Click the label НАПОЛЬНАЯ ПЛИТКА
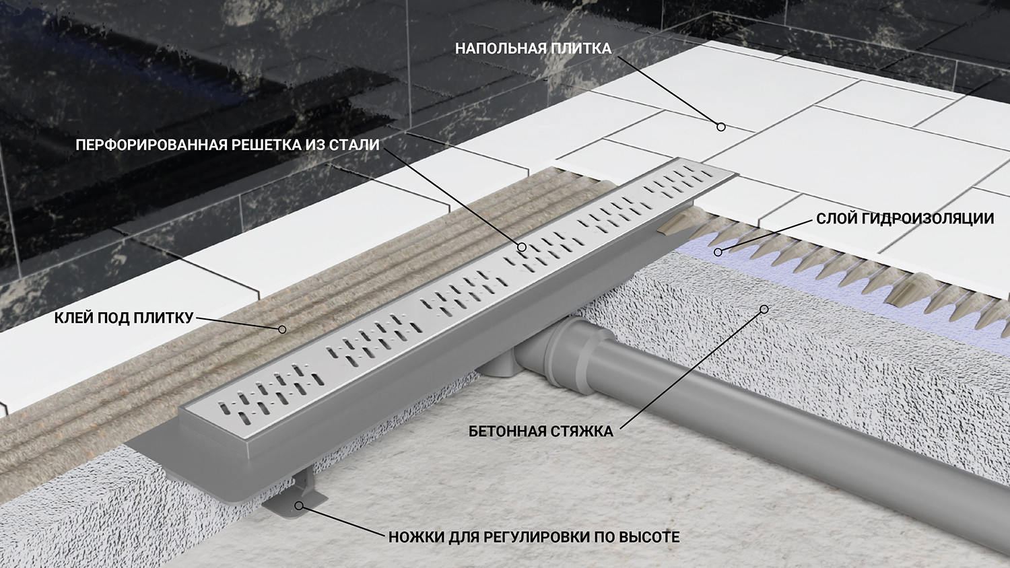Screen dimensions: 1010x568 point(533,48)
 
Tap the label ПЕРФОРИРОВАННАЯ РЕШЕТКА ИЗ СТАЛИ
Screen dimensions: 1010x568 point(228,145)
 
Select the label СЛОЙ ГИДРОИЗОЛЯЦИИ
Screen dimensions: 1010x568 point(905,219)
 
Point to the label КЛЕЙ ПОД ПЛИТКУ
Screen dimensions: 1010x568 point(123,318)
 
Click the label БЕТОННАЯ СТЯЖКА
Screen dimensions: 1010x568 point(541,431)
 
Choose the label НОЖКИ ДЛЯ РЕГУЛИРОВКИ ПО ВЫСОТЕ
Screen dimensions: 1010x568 point(534,537)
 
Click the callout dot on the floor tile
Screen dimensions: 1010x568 point(721,127)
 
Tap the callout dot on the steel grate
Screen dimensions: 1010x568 point(522,246)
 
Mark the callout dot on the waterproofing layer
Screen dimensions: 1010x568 point(718,252)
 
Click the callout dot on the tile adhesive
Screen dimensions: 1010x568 point(282,330)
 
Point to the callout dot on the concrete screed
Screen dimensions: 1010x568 point(764,310)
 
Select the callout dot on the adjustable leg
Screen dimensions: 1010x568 point(298,506)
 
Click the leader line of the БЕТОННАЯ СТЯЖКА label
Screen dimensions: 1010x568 point(692,369)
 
